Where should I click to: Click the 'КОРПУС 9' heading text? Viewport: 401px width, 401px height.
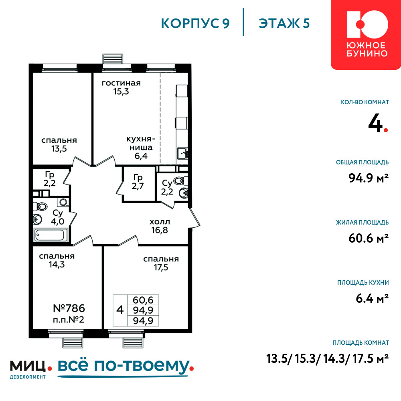pyautogui.click(x=195, y=23)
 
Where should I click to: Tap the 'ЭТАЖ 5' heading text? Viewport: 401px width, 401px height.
pyautogui.click(x=284, y=23)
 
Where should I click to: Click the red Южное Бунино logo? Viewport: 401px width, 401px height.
pyautogui.click(x=366, y=34)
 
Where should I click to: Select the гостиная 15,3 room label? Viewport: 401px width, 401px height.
pyautogui.click(x=121, y=87)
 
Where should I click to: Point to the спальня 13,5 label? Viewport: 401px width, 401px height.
pyautogui.click(x=59, y=144)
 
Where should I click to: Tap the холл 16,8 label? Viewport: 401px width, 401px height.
pyautogui.click(x=160, y=226)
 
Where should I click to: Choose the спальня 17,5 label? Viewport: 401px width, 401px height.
pyautogui.click(x=161, y=263)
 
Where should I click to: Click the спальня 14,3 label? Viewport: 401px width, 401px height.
pyautogui.click(x=57, y=260)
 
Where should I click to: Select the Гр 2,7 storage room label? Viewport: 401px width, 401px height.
pyautogui.click(x=138, y=182)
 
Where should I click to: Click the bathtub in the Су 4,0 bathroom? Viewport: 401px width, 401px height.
pyautogui.click(x=50, y=235)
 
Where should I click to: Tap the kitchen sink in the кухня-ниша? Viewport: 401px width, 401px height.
pyautogui.click(x=182, y=154)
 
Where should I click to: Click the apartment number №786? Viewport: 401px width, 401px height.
pyautogui.click(x=69, y=308)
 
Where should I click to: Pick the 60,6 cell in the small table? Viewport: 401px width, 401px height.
pyautogui.click(x=143, y=300)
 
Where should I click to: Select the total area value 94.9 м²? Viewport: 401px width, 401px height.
pyautogui.click(x=369, y=178)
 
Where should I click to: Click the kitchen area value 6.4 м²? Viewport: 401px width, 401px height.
pyautogui.click(x=373, y=298)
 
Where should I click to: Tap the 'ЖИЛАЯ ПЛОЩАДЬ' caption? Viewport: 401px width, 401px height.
pyautogui.click(x=363, y=223)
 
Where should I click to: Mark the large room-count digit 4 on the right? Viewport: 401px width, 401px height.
pyautogui.click(x=375, y=124)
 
